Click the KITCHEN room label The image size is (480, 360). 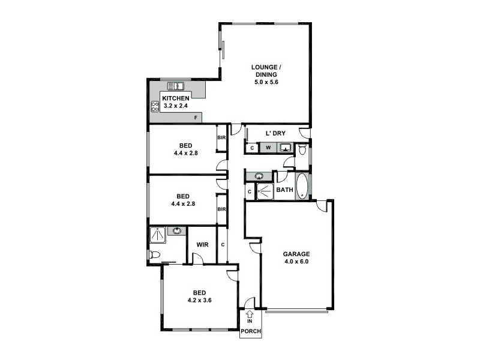176,98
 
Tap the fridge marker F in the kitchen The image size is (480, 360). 195,118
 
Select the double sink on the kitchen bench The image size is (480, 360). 175,86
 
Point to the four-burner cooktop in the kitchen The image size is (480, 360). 155,107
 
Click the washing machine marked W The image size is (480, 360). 268,148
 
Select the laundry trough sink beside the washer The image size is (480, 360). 286,148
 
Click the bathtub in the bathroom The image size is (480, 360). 301,187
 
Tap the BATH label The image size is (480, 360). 284,191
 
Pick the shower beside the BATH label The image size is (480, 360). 265,191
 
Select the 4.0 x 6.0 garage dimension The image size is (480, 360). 296,262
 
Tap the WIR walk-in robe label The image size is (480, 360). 202,245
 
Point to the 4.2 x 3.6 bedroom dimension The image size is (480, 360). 199,301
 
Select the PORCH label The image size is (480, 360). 250,331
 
